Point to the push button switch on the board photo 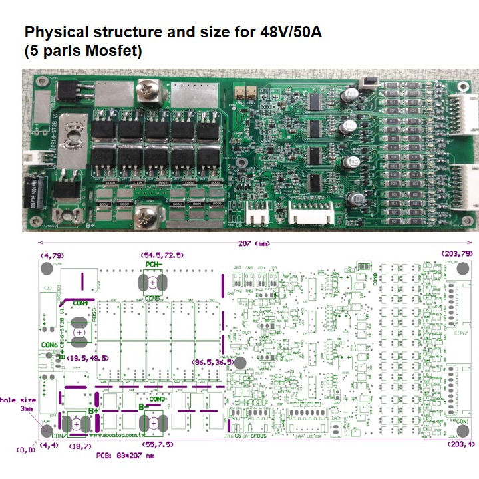[365, 83]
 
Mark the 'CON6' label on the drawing [49, 344]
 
